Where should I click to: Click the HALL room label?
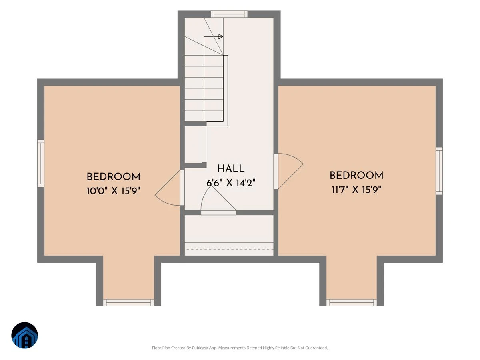tap(231, 168)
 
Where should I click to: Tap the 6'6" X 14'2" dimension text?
tap(231, 183)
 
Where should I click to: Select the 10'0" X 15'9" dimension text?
tap(113, 191)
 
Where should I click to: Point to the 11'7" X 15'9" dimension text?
tap(356, 190)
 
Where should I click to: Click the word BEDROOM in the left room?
tap(113, 177)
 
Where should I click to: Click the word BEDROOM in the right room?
tap(356, 176)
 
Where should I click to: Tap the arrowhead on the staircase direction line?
tap(221, 36)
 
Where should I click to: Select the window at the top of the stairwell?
tap(229, 14)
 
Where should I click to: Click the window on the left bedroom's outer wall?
tap(41, 164)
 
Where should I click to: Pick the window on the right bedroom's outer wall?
tap(439, 171)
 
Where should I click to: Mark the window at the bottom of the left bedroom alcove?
tap(128, 302)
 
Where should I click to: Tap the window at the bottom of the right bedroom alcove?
tap(352, 302)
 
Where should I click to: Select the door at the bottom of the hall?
tap(218, 212)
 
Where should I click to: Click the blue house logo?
tap(24, 335)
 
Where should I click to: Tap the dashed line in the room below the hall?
tap(230, 249)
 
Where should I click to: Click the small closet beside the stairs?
tap(193, 144)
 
